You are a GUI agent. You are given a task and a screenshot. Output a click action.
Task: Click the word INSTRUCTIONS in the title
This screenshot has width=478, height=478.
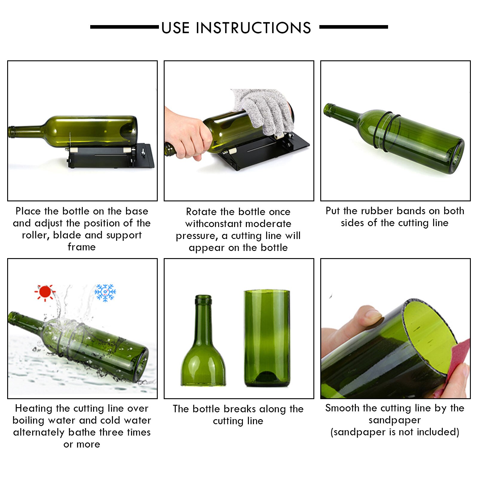tap(253, 28)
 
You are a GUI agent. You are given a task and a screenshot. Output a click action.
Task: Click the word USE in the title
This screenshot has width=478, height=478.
tap(175, 28)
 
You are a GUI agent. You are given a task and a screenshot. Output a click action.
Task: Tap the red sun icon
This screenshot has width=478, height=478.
tap(45, 292)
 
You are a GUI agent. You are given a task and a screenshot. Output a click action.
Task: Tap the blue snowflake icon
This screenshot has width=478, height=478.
tap(105, 292)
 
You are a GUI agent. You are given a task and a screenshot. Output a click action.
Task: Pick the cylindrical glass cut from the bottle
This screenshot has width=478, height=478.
tap(267, 338)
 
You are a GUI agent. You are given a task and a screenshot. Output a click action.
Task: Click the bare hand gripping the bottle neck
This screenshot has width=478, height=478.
tap(185, 134)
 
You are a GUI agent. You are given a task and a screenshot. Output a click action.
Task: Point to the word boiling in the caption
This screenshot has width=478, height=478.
tap(29, 420)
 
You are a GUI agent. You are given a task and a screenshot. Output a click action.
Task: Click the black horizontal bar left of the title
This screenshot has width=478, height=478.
tap(124, 27)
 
